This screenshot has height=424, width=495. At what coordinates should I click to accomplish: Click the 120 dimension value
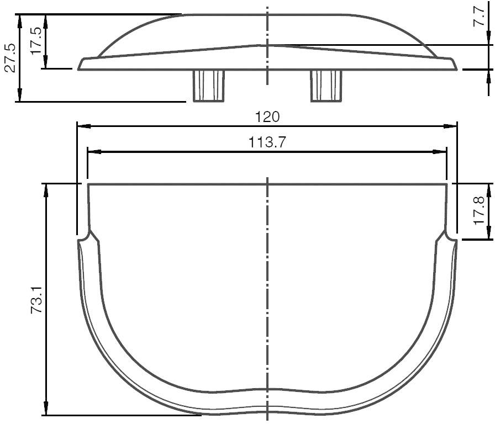pos(267,117)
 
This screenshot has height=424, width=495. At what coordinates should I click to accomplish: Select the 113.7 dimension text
pos(267,142)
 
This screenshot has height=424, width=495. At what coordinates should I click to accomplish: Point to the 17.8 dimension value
pos(479,210)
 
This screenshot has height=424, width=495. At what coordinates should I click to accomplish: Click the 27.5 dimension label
pos(9,57)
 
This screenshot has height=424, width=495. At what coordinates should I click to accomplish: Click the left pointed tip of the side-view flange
pos(79,69)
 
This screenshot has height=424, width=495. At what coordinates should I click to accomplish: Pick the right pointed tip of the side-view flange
pos(457,69)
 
